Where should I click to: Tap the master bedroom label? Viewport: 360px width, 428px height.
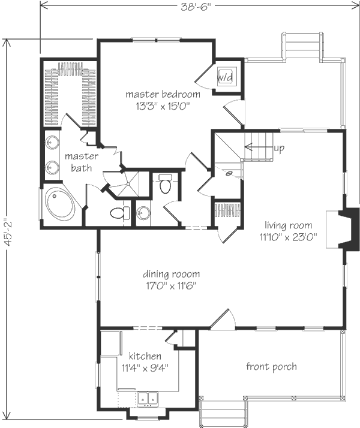coord(163,95)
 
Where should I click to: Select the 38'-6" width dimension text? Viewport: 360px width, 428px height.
coord(196,7)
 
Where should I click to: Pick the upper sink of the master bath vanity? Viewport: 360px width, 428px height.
coord(52,143)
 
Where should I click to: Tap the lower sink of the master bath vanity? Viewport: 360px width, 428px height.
coord(52,167)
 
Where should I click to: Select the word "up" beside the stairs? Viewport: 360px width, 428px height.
coord(279,148)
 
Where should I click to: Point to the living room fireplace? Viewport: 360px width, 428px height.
coord(343,229)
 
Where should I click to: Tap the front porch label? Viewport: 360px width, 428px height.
coord(271,366)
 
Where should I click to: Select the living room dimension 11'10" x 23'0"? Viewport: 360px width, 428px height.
coord(288,237)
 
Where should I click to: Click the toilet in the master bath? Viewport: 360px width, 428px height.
coord(120,213)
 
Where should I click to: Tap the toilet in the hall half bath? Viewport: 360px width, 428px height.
coord(165,183)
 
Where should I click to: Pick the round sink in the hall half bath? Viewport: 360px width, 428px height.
coord(143,213)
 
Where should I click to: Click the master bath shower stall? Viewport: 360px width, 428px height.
coord(128,183)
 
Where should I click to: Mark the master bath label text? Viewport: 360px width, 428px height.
coord(82,162)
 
